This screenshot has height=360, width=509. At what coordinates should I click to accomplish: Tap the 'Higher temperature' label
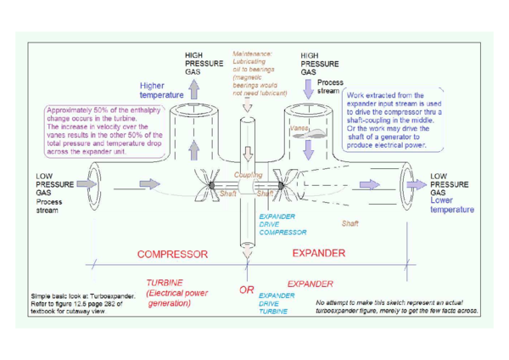click(159, 91)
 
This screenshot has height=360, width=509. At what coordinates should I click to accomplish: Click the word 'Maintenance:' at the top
click(251, 53)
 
